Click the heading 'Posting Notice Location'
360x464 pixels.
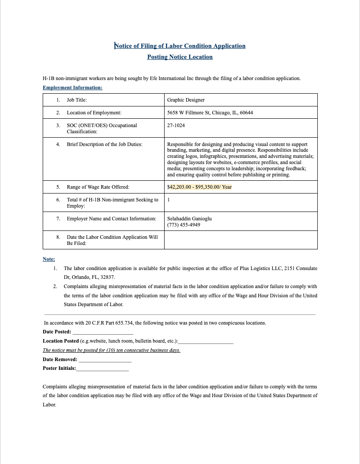180,57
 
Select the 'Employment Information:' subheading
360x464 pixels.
72,88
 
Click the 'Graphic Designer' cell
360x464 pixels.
186,100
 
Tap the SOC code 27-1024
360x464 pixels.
176,125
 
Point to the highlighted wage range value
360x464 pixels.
199,187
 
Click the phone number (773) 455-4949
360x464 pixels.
184,225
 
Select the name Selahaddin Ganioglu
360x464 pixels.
189,219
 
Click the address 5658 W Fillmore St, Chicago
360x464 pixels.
210,113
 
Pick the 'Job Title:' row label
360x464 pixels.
77,100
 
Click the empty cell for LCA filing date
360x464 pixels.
240,240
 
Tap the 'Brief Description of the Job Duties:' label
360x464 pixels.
104,144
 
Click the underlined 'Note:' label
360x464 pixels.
48,259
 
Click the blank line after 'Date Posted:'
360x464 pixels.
103,332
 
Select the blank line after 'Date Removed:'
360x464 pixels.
105,360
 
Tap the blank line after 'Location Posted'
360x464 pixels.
206,341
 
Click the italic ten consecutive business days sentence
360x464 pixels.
111,350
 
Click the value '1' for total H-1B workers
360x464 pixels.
169,200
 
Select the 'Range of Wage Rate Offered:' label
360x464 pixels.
98,187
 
